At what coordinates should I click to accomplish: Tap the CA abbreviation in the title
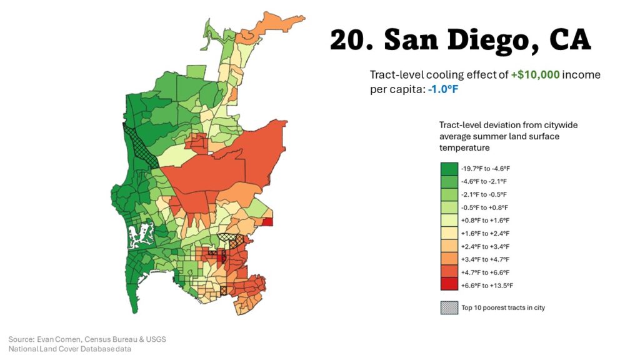point(569,41)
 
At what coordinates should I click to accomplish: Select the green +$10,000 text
point(536,75)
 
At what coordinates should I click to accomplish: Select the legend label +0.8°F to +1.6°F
point(485,221)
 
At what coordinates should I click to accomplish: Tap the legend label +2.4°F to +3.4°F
point(485,246)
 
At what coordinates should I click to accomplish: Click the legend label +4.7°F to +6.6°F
point(485,272)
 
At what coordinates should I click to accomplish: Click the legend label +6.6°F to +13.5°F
point(487,286)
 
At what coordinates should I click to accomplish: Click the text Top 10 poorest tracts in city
point(503,307)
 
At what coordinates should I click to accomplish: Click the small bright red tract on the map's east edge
point(267,222)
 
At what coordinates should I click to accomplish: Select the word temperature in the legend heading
point(464,148)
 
